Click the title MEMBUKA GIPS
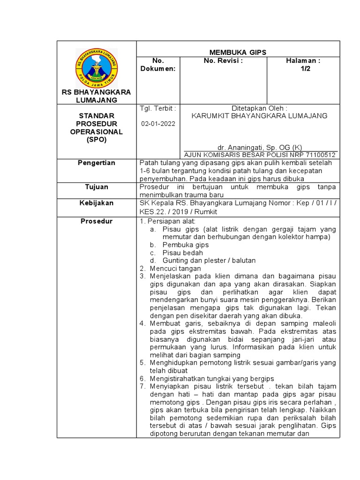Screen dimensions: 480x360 coord(238,52)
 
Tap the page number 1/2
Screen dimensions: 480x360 coord(306,68)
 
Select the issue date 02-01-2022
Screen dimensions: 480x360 coord(157,124)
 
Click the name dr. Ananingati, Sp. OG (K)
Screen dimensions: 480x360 coord(260,147)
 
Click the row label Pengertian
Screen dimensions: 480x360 coord(97,163)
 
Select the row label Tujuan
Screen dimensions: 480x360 coord(97,187)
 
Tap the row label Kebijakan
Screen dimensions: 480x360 coord(97,203)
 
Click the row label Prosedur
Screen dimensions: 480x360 coord(97,221)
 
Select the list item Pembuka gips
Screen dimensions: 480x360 coord(185,245)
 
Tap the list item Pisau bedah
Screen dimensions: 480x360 coord(182,253)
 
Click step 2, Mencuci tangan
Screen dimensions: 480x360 coord(175,269)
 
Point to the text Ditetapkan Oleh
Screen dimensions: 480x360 coord(259,108)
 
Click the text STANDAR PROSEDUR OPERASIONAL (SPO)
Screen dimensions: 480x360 coord(97,127)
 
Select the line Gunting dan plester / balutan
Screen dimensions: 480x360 coord(209,260)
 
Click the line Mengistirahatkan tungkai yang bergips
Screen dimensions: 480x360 coord(211,378)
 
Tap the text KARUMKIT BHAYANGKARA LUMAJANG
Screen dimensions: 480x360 coord(260,116)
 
